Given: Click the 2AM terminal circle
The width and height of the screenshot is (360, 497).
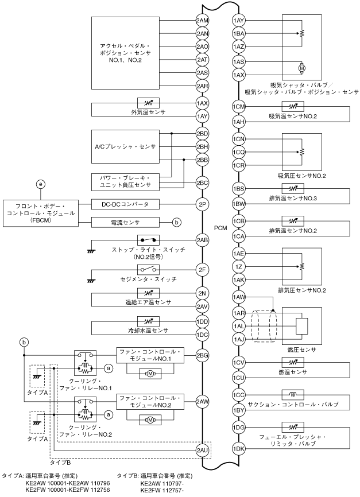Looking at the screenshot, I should click(x=202, y=21).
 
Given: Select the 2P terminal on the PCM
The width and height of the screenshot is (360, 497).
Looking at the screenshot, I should click(x=202, y=203).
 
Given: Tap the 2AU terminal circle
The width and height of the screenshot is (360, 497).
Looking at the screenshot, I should click(x=202, y=449).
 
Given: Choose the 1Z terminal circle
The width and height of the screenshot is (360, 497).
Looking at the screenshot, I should click(x=239, y=266).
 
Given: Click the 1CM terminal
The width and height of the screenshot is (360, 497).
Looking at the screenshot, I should click(x=239, y=107).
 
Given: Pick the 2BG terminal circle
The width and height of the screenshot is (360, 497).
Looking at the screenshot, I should click(x=202, y=355).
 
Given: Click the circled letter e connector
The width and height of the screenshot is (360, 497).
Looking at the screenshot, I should click(x=40, y=184).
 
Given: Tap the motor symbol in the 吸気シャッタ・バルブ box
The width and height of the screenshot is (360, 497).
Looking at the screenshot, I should click(x=301, y=68).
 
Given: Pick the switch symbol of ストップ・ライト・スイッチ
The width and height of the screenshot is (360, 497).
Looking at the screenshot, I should click(x=148, y=239).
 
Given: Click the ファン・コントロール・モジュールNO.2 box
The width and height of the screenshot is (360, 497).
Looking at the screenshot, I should click(x=148, y=401).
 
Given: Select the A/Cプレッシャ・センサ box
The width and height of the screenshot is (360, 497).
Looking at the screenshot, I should click(x=125, y=146).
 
